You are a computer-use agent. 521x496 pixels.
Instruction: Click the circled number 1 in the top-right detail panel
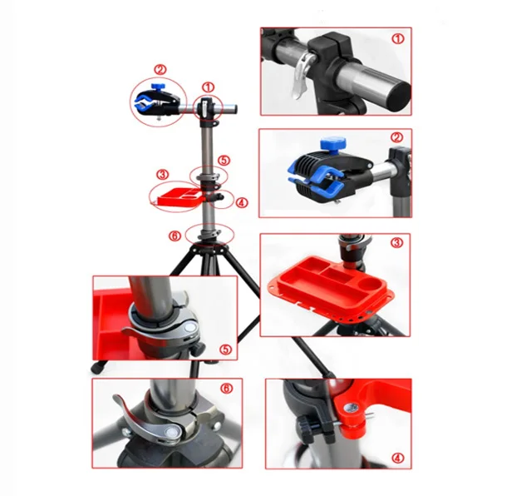pos(398,38)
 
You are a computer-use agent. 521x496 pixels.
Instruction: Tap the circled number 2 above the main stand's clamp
pos(160,70)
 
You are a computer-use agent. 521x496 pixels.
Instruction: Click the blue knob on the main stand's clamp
pos(158,87)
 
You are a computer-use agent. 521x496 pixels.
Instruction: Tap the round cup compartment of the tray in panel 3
pos(370,284)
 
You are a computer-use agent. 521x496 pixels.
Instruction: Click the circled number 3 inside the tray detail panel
pos(396,243)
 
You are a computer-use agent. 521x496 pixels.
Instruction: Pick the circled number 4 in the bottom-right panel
pos(398,458)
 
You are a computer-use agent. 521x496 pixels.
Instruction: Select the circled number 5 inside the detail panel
pos(226,350)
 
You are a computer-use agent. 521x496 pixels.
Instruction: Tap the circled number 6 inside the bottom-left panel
pos(227,388)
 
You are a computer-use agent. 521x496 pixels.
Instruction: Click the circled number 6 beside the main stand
pos(174,236)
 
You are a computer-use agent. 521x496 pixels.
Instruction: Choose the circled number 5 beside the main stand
pos(224,161)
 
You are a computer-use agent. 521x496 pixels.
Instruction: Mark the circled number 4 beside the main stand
pos(242,202)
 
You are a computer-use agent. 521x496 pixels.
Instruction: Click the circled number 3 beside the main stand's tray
pos(163,175)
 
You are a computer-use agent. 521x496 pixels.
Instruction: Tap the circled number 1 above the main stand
pos(209,87)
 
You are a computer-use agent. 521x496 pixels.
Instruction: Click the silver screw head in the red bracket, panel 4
pos(350,408)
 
